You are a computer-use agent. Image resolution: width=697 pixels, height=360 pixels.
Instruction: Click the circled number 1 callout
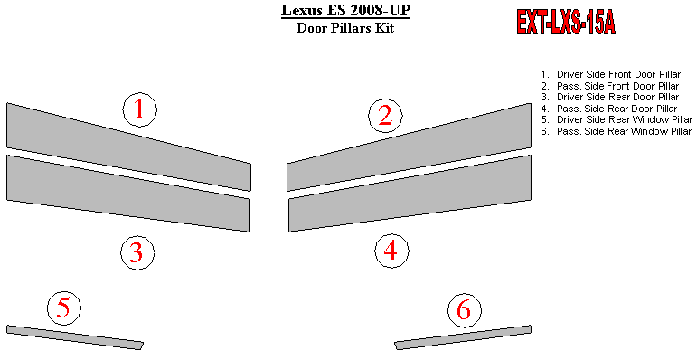coord(140,109)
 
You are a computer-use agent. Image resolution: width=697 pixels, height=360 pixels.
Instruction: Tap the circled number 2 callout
coord(385,115)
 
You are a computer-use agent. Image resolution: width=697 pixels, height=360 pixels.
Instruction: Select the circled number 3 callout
coord(137,252)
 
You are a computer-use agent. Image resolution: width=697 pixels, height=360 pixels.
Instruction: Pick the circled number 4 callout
coord(391,251)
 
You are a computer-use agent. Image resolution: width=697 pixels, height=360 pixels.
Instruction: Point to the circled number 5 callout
coord(64,308)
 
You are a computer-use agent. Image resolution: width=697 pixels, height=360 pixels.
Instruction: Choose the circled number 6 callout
coord(464,310)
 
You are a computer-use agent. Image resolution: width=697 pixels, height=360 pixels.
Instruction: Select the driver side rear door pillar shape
coord(128,194)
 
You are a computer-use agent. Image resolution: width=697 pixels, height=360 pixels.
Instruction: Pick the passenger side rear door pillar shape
coord(410,194)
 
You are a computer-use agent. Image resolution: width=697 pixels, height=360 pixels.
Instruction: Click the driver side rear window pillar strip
coord(75,337)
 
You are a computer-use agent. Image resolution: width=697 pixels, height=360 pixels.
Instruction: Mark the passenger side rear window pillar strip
coord(463,337)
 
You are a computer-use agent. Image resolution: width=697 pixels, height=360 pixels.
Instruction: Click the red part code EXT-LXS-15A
coord(566,23)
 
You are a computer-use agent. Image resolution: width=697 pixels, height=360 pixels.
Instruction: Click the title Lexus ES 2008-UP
coord(345,10)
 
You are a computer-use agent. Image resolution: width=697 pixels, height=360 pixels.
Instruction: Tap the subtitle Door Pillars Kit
coord(345,28)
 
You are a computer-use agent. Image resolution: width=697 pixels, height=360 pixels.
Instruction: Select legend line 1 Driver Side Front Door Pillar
coord(611,74)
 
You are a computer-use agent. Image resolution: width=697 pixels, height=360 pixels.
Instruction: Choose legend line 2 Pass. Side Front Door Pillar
coord(610,86)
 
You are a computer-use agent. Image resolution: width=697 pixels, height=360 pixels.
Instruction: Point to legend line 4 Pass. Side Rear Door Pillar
coord(609,109)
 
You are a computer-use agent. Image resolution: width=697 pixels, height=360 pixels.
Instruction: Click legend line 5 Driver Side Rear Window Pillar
coord(617,119)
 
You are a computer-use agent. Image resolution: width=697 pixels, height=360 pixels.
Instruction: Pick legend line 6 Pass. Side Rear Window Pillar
coord(617,131)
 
